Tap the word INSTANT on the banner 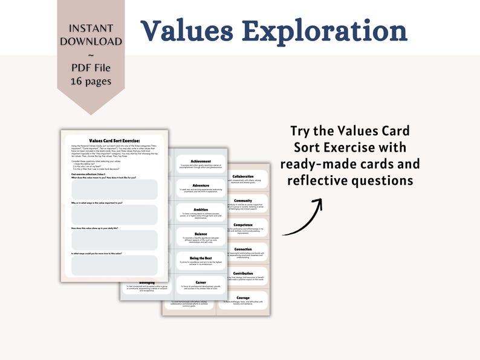(91, 28)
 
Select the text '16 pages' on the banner (91, 80)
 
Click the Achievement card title (200, 161)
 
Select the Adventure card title (200, 185)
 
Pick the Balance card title (200, 233)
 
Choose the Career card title (200, 281)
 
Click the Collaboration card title (242, 176)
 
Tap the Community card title (242, 201)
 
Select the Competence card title (242, 225)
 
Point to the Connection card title (242, 248)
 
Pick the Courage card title (242, 297)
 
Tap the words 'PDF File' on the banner (91, 67)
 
